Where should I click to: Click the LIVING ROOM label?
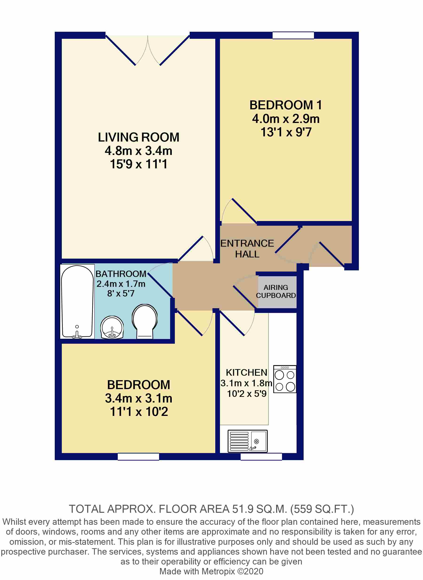pos(138,137)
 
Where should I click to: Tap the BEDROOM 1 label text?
pos(286,105)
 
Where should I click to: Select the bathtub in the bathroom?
pos(77,301)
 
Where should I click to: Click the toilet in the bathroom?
pos(145,321)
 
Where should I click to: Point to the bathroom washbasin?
pos(112,327)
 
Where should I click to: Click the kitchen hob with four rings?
pos(285,379)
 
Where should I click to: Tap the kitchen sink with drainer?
pos(248,441)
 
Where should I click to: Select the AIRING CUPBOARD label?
pos(276,292)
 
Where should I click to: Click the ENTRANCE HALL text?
pos(247,249)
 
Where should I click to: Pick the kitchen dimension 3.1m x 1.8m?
pos(246,383)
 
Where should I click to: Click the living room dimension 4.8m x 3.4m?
pos(138,151)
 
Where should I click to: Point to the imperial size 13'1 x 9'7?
pos(286,132)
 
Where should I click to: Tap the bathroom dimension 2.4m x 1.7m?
pos(121,284)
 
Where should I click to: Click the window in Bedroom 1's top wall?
pos(293,35)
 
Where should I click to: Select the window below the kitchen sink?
pos(261,457)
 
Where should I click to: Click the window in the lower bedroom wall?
pos(138,457)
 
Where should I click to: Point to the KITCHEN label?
pos(247,372)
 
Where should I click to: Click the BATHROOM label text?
pos(121,274)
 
